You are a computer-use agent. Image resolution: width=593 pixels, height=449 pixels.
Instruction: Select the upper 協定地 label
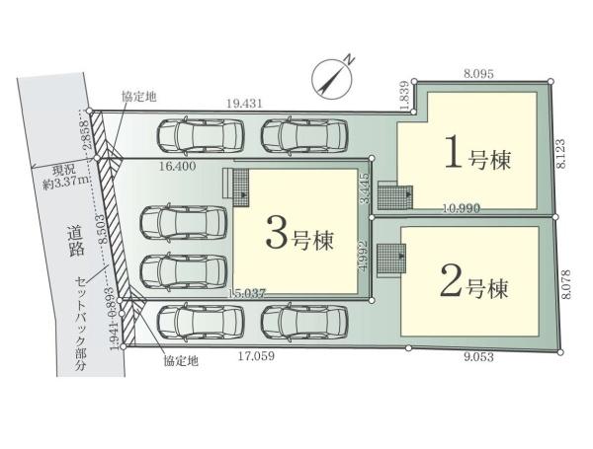coord(137,96)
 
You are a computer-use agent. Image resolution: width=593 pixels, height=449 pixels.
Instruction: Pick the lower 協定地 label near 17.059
coord(181,361)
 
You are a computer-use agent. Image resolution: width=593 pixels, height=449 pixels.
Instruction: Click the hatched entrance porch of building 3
coord(237,184)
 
